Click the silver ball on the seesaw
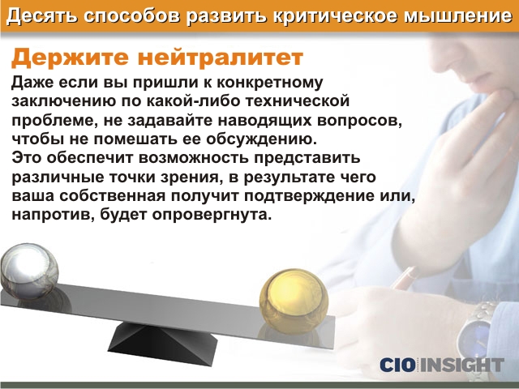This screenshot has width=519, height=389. pyautogui.click(x=29, y=271)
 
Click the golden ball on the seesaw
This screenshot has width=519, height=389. pyautogui.click(x=294, y=301)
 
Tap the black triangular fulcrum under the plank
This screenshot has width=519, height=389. pyautogui.click(x=162, y=343)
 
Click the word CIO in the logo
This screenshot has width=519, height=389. pyautogui.click(x=397, y=365)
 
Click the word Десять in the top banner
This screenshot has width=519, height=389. pyautogui.click(x=42, y=16)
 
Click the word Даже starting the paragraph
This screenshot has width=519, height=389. pyautogui.click(x=32, y=83)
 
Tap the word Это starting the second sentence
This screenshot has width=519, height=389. pyautogui.click(x=27, y=157)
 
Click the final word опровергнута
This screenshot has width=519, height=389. pyautogui.click(x=212, y=215)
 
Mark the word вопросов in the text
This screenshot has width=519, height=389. pyautogui.click(x=359, y=121)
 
